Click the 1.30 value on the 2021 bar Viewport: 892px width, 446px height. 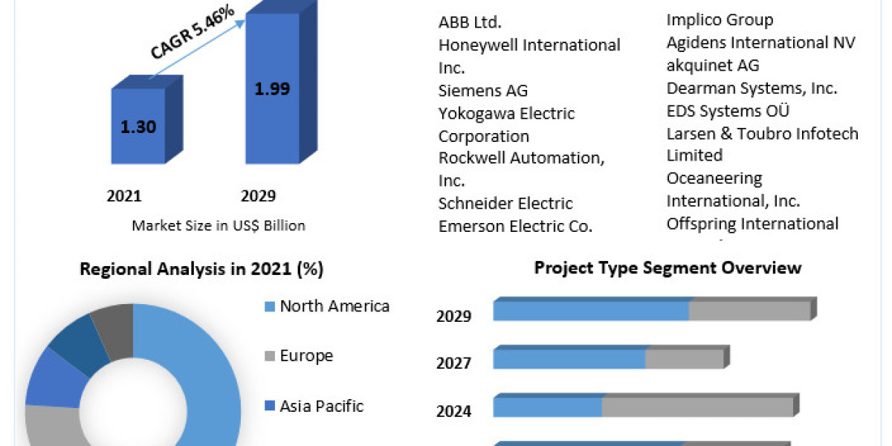(138, 126)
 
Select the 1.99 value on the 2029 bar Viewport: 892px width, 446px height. (272, 89)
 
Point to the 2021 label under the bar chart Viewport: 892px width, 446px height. (124, 196)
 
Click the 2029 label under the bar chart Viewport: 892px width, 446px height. (258, 196)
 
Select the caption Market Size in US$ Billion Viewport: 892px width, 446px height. (219, 225)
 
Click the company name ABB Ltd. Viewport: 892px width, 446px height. (475, 22)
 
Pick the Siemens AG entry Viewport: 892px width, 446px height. (483, 91)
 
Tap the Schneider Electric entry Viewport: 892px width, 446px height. (505, 204)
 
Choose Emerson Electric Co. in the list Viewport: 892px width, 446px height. (515, 227)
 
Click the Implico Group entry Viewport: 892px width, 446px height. (720, 20)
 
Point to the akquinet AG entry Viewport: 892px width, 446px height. (713, 65)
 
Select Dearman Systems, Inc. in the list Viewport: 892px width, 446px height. (752, 88)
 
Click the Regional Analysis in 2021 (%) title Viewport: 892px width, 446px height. (201, 269)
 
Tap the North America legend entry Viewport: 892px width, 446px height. (334, 306)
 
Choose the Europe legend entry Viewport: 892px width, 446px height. (306, 356)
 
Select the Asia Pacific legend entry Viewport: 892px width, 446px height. (321, 406)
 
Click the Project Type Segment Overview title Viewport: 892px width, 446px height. (668, 268)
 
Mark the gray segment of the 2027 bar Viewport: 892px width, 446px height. (684, 359)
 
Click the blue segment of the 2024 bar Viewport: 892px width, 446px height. (547, 407)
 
